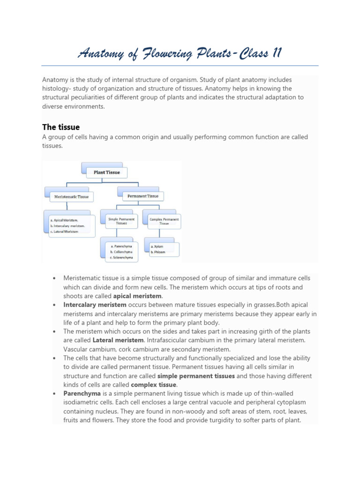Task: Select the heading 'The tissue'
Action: (61, 127)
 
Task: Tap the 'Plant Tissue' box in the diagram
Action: (107, 172)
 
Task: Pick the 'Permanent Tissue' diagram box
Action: (143, 196)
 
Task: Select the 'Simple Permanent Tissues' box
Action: (121, 221)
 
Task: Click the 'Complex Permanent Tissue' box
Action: (164, 221)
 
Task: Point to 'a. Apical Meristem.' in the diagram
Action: (64, 220)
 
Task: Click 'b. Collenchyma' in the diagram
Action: (121, 252)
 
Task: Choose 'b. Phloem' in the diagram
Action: (158, 252)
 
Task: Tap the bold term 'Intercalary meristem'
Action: (95, 305)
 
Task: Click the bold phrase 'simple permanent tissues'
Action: (196, 376)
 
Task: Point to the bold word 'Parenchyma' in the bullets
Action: (82, 393)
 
